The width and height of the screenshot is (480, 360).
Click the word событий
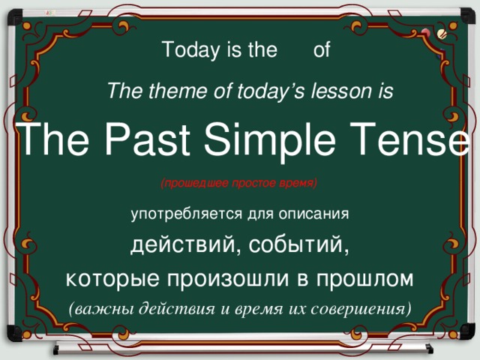tap(298, 246)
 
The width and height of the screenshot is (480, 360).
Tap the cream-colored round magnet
tap(441, 34)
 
